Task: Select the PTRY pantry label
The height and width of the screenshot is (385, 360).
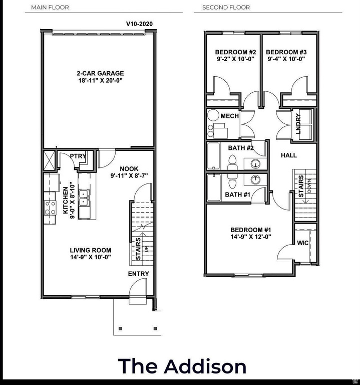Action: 78,156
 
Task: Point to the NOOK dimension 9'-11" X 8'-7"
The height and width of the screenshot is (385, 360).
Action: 129,176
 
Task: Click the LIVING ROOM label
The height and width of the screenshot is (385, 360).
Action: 90,250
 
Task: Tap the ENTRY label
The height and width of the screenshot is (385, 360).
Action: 138,274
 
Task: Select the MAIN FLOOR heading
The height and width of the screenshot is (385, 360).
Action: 50,8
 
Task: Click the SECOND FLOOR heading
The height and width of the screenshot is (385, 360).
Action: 226,8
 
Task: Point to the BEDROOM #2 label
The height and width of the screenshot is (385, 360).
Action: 235,52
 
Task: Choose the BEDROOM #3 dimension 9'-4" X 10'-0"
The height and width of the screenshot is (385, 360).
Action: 286,59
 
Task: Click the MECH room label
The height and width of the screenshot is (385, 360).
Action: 229,116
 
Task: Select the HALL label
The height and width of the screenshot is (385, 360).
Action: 288,155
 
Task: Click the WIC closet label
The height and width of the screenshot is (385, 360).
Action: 302,243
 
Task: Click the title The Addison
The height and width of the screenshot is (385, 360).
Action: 182,366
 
